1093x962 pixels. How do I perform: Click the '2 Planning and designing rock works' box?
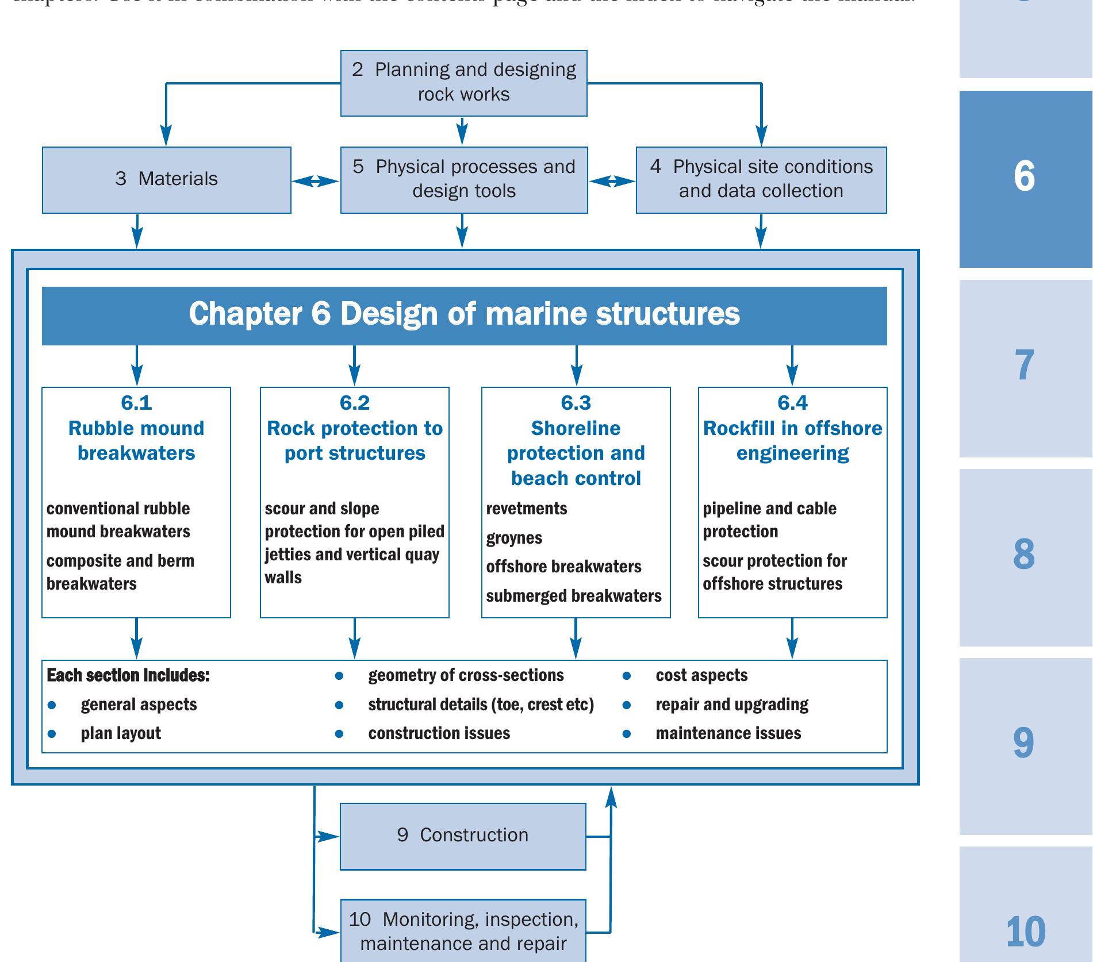pos(463,83)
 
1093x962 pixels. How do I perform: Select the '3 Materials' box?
pos(166,179)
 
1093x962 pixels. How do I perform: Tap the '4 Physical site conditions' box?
pos(761,179)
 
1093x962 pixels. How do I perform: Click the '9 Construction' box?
pos(463,836)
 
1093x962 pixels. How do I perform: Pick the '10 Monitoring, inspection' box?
pos(463,930)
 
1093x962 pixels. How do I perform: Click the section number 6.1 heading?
pos(136,403)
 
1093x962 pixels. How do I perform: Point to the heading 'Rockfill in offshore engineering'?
pos(792,440)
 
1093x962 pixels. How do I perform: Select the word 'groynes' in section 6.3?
pos(514,538)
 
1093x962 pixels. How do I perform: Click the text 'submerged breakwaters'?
pos(573,596)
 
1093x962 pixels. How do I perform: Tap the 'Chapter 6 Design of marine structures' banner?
pos(464,315)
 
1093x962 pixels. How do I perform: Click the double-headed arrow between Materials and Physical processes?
pos(315,181)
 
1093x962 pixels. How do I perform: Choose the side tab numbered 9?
pos(1025,744)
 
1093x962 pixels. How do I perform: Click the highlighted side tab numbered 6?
pos(1025,177)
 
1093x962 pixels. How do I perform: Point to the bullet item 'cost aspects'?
pos(701,675)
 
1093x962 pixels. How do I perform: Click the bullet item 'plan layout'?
pos(121,733)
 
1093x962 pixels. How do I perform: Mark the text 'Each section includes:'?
pos(128,675)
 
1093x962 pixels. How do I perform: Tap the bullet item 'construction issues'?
pos(439,733)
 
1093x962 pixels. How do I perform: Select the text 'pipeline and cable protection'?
pos(769,520)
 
